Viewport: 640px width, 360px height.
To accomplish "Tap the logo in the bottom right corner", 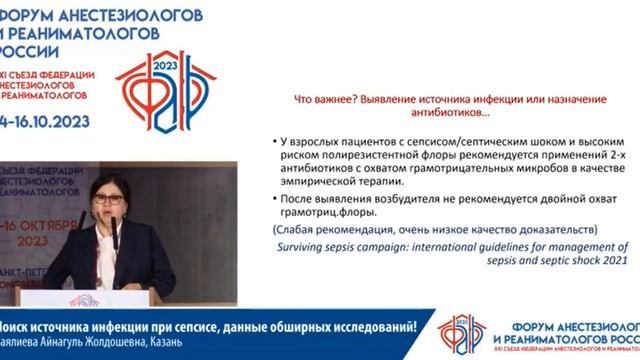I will (x=462, y=332).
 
